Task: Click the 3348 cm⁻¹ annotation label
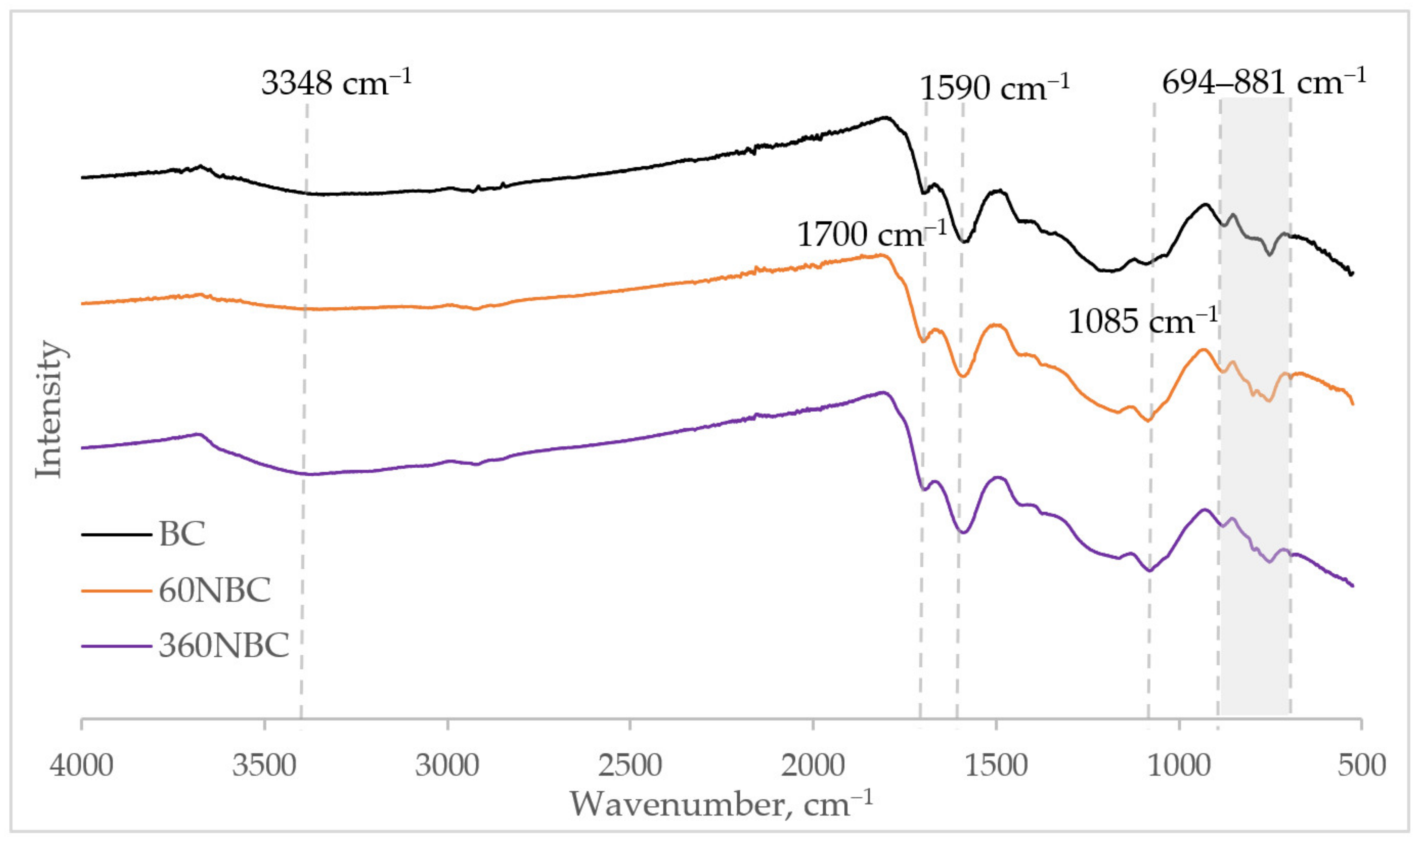pyautogui.click(x=336, y=83)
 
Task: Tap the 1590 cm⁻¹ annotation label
pyautogui.click(x=994, y=88)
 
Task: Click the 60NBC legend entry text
pyautogui.click(x=214, y=591)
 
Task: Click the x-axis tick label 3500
pyautogui.click(x=265, y=765)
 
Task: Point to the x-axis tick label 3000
pyautogui.click(x=447, y=765)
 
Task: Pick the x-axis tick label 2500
pyautogui.click(x=630, y=765)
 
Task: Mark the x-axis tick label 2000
pyautogui.click(x=813, y=765)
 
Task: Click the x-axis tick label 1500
pyautogui.click(x=995, y=765)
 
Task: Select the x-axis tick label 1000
pyautogui.click(x=1179, y=765)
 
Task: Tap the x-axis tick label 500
pyautogui.click(x=1361, y=765)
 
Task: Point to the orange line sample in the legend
pyautogui.click(x=116, y=591)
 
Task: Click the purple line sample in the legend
pyautogui.click(x=116, y=645)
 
